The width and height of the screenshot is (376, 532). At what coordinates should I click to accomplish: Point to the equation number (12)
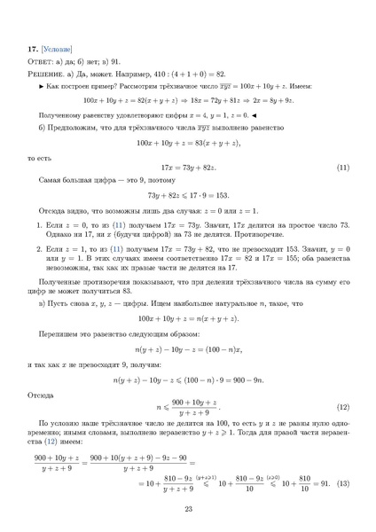click(343, 407)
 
